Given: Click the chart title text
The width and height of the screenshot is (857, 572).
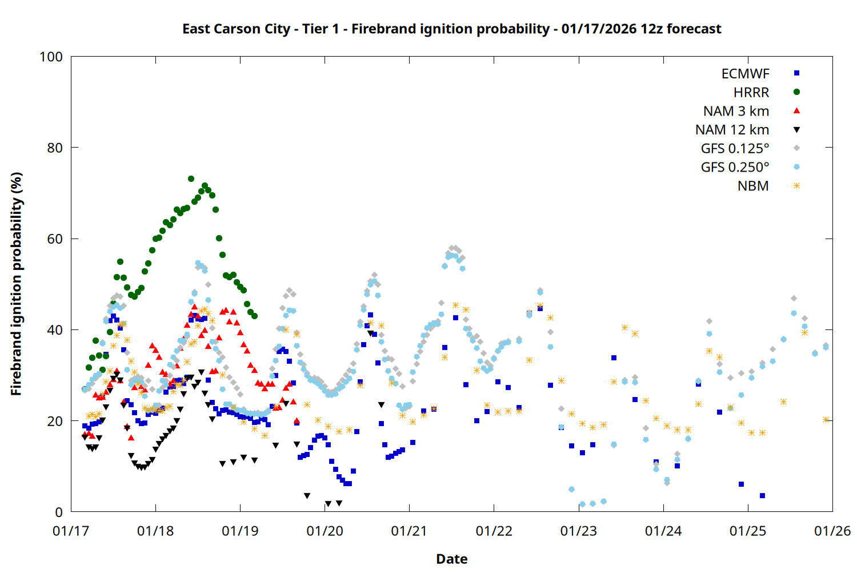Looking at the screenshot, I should coord(451,29).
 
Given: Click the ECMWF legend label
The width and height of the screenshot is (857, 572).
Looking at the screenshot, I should coord(745,74).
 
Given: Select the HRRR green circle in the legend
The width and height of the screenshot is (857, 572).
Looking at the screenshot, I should coord(796,92).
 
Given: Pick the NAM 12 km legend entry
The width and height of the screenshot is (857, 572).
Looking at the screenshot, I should coord(732,130).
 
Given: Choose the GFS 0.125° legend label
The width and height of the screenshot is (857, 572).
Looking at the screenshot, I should coord(735,149).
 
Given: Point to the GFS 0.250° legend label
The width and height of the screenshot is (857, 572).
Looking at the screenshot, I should coord(735,167).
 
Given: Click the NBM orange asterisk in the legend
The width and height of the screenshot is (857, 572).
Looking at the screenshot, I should coord(796,186).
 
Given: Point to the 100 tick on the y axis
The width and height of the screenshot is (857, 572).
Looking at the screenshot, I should coord(51,57).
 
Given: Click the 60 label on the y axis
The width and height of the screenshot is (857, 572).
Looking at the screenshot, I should coord(55,239).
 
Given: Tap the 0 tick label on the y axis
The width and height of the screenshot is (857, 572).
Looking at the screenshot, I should coord(59,512).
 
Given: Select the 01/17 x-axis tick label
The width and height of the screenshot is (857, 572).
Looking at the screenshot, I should coord(71,531).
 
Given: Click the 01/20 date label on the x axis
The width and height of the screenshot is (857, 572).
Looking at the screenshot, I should coord(325,531).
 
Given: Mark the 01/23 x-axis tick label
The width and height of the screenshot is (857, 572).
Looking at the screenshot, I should coord(579,531).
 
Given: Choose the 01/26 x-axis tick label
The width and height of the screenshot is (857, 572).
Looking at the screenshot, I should coord(832,531).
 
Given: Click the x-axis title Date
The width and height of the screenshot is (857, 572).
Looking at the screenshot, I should coord(451,559).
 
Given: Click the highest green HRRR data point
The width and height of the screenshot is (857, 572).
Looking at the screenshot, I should coord(191,178).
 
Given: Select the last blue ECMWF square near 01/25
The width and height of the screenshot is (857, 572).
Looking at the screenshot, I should coord(762,495).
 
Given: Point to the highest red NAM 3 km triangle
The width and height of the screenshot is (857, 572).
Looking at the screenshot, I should coord(194,307).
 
